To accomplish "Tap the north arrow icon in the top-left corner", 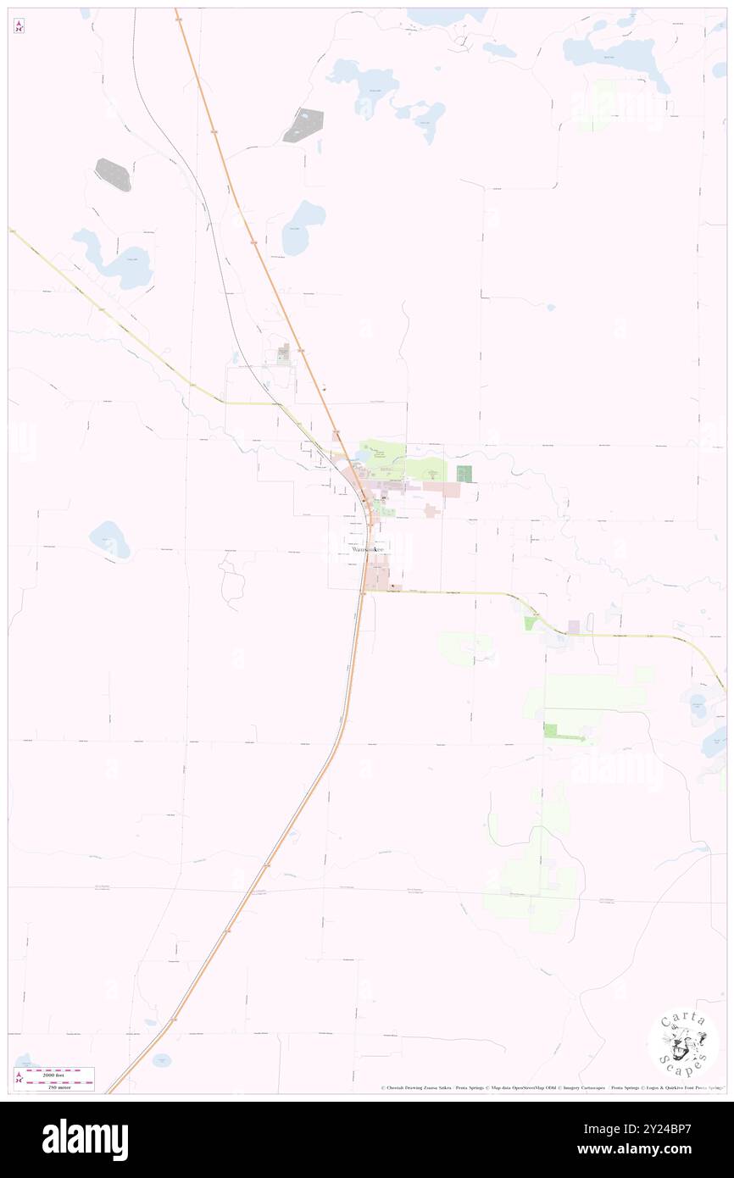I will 19,26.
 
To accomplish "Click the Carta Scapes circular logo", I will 683,1042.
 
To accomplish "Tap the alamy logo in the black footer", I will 85,1139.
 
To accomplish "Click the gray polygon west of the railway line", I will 113,174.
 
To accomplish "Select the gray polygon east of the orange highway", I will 303,125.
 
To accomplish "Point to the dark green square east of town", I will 463,474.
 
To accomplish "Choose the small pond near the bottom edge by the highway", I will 161,1059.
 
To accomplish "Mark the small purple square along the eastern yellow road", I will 574,626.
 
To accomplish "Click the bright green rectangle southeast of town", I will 551,730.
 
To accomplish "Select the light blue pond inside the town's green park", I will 364,454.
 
